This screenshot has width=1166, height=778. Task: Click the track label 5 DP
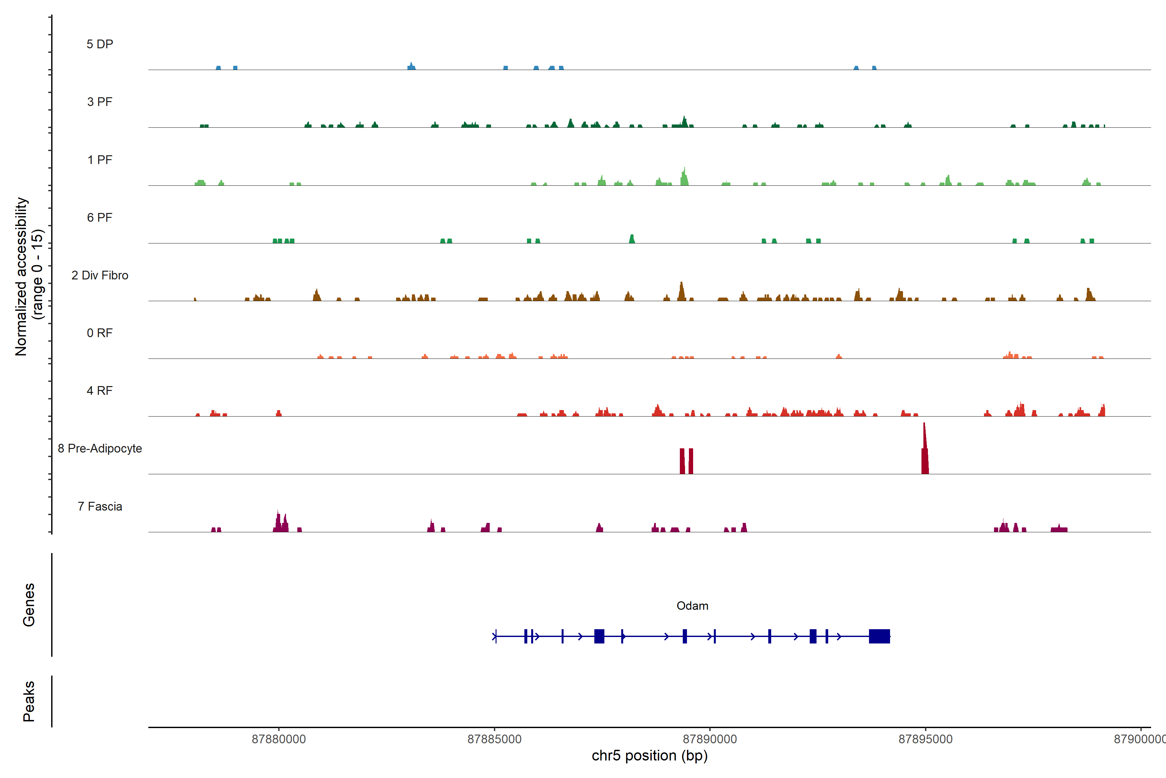100,44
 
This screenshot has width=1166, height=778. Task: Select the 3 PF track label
100,102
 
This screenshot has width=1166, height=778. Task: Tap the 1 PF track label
100,160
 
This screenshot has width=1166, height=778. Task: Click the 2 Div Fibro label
100,275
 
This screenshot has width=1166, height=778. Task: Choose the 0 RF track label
100,333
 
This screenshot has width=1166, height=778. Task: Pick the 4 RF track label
100,391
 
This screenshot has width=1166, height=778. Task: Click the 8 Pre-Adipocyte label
100,449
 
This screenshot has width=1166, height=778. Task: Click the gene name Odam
692,606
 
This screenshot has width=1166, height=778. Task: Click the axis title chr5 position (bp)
649,756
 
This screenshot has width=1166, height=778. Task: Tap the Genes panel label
29,605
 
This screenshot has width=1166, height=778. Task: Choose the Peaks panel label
29,701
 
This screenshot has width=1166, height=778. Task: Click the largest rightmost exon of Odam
879,636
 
